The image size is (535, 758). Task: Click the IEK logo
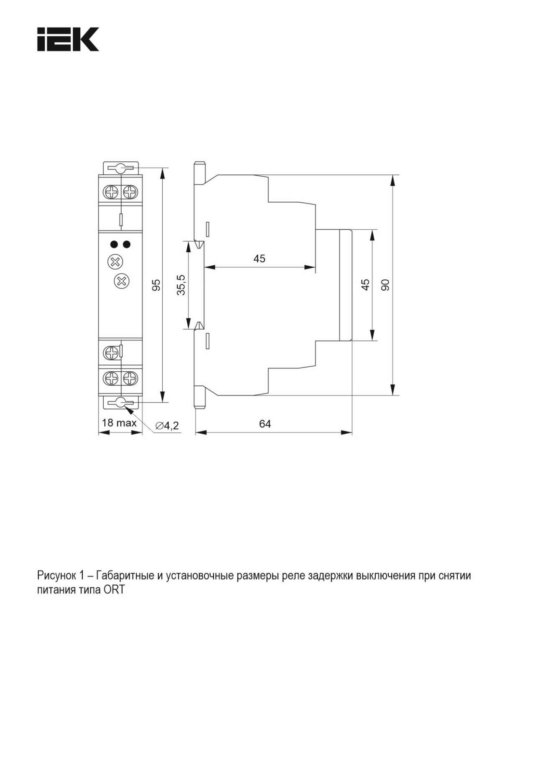(68, 39)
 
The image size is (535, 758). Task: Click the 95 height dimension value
(156, 285)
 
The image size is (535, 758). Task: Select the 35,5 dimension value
(181, 285)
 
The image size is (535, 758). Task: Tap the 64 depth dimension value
(265, 424)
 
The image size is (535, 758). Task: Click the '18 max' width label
(119, 423)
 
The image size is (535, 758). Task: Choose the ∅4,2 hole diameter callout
(167, 426)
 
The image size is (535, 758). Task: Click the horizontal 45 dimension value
(259, 259)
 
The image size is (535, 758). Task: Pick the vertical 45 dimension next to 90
(365, 285)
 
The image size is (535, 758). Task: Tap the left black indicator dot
(113, 244)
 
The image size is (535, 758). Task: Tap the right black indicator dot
(126, 244)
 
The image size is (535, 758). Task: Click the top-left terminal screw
(112, 193)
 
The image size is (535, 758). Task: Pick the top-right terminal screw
(130, 193)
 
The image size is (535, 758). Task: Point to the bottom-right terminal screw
(130, 378)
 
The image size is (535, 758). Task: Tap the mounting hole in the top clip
(120, 168)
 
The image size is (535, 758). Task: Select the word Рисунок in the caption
(55, 576)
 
